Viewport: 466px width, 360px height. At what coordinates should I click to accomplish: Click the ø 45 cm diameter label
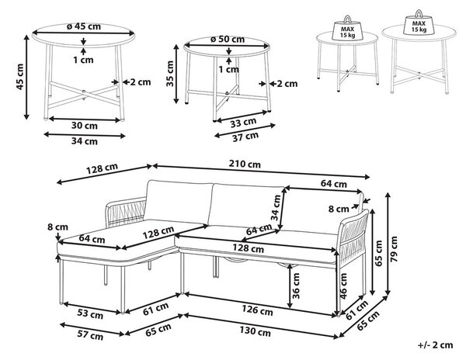point(84,26)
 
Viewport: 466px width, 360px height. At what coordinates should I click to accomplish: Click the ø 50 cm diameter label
point(228,39)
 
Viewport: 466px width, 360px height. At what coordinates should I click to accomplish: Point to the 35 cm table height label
point(169,74)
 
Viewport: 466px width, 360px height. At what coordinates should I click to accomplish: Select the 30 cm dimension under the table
point(85,126)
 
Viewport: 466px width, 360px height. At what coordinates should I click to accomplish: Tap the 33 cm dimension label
point(243,123)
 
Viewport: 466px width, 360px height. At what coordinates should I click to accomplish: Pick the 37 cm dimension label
point(245,137)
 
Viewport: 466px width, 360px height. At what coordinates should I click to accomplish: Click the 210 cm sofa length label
point(245,164)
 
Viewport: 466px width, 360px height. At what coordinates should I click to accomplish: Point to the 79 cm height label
point(394,249)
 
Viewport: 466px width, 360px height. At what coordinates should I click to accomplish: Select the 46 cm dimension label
point(343,286)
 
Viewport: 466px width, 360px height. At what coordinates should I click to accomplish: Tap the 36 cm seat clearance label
point(296,286)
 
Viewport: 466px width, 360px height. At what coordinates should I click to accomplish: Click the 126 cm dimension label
point(257,310)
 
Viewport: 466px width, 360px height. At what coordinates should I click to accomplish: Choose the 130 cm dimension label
point(255,331)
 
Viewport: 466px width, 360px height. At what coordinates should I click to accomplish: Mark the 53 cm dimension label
point(90,314)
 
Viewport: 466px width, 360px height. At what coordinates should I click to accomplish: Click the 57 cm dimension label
point(90,335)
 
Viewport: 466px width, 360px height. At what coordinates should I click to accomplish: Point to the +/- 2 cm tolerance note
point(436,344)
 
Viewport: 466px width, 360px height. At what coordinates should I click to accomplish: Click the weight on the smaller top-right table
point(347,29)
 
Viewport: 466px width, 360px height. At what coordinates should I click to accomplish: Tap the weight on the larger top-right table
point(419,23)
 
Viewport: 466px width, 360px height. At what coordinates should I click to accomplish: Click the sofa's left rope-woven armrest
point(126,213)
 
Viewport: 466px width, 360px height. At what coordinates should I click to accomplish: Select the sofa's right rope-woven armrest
point(353,237)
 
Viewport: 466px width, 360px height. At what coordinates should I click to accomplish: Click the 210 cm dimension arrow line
point(261,171)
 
